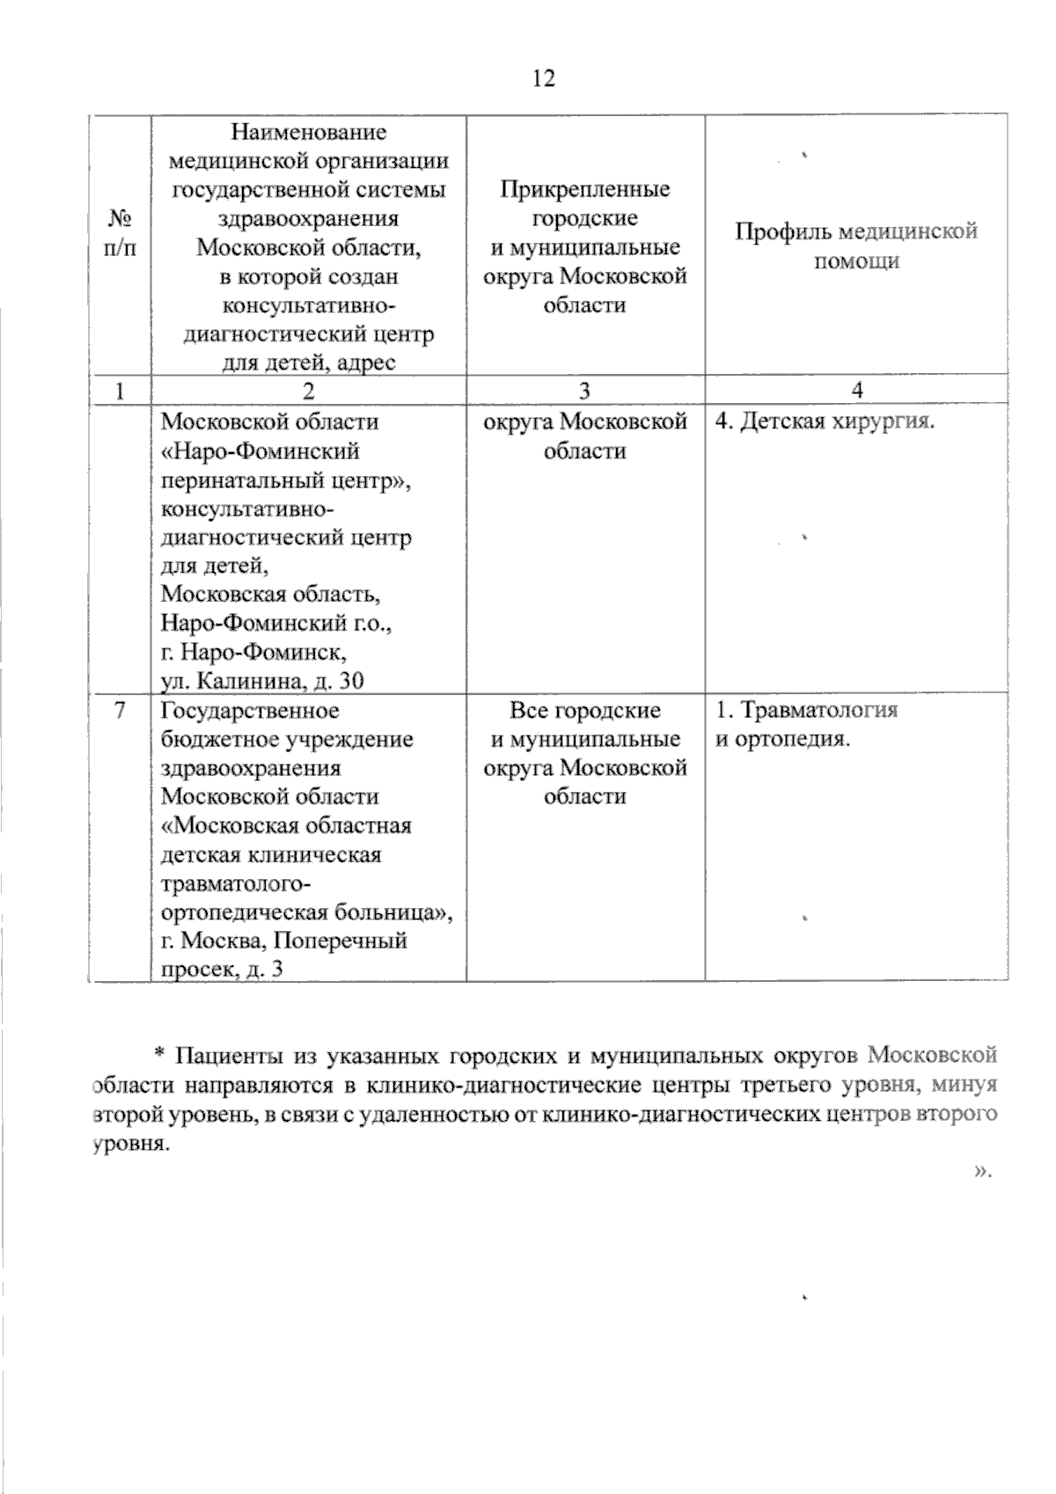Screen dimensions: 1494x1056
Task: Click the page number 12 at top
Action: (x=543, y=79)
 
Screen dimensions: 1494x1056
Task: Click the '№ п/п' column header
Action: (x=121, y=232)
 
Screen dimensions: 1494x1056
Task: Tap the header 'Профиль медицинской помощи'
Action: (x=856, y=246)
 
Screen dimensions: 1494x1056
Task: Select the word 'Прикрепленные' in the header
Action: (x=585, y=189)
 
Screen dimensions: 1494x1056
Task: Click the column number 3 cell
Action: (x=585, y=391)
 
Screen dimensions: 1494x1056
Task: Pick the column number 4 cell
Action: (x=856, y=391)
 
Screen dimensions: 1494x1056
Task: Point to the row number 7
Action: (x=121, y=709)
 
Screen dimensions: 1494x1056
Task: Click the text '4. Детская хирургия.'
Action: (x=824, y=421)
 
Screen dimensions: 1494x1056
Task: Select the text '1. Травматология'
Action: (x=806, y=710)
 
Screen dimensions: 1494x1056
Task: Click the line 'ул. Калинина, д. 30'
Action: (x=262, y=680)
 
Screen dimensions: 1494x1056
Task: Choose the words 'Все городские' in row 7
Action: (x=585, y=710)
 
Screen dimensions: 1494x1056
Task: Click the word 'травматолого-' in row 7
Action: (x=235, y=882)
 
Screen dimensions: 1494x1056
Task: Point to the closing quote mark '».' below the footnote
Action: (x=984, y=1171)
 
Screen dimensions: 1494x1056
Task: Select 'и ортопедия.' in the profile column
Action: (x=782, y=739)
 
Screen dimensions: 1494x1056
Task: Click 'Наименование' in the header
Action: (x=308, y=132)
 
